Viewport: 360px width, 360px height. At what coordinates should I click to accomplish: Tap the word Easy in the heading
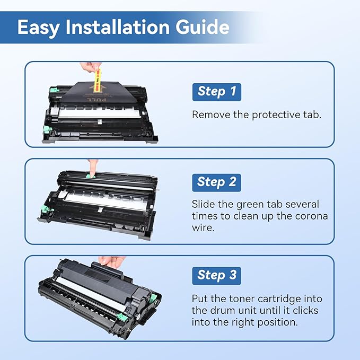click(x=37, y=27)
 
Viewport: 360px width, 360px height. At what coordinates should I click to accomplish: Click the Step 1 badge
click(x=216, y=91)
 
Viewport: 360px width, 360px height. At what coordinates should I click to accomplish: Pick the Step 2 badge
click(x=216, y=182)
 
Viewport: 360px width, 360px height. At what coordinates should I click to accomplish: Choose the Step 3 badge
click(x=216, y=275)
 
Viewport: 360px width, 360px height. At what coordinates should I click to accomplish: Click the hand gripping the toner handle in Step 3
click(x=112, y=261)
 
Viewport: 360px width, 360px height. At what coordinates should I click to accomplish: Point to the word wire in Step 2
click(x=203, y=228)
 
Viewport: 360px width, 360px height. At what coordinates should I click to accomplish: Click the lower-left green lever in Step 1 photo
click(x=47, y=129)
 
